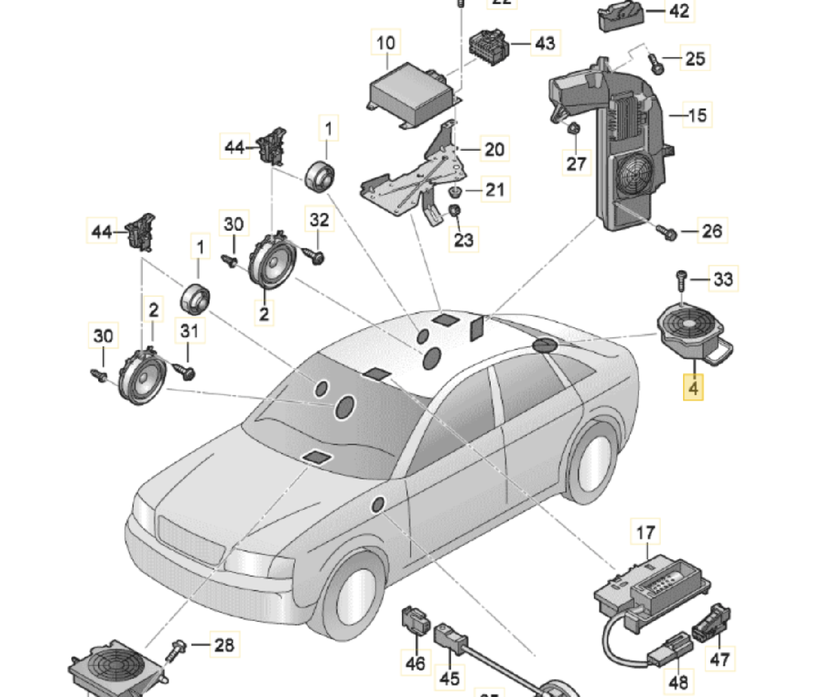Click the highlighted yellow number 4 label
click(x=693, y=388)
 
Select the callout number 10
click(x=386, y=43)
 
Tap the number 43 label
click(x=545, y=43)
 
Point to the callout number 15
click(x=697, y=115)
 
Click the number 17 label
click(x=645, y=533)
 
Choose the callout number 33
click(x=723, y=279)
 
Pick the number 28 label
click(x=224, y=645)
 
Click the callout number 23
click(x=464, y=240)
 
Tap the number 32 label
click(x=319, y=220)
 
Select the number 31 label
click(x=189, y=331)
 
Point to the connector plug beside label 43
click(x=489, y=45)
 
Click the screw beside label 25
click(x=657, y=63)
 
